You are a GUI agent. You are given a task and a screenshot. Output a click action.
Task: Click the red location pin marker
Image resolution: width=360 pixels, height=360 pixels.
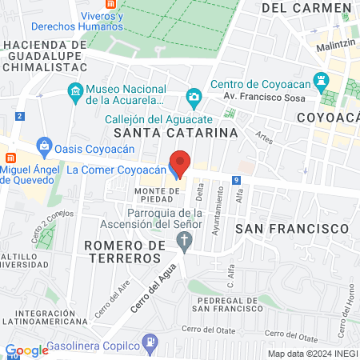coord(180,163)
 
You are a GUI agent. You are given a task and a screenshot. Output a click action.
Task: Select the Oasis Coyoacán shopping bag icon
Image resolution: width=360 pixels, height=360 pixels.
coord(44,147)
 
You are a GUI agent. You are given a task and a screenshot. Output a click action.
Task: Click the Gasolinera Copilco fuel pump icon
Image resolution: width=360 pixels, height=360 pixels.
coord(149,342)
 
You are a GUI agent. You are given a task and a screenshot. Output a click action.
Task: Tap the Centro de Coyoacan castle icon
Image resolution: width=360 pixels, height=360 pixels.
coord(322,80)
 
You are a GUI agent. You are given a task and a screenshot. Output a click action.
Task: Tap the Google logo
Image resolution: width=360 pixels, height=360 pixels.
coord(26,350)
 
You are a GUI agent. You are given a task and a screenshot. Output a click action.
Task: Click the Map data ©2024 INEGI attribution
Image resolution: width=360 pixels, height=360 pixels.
coord(311,354)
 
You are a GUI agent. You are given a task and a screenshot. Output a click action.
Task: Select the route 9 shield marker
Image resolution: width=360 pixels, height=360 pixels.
coord(237,181)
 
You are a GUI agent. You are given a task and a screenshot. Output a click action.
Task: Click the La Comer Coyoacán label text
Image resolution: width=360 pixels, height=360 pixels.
coord(115,170)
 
